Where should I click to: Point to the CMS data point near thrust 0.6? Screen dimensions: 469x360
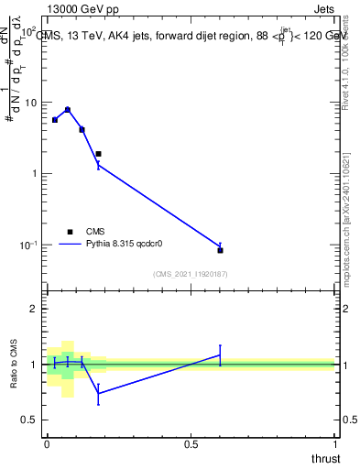(x=220, y=250)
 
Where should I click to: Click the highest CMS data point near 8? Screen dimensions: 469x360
(x=68, y=110)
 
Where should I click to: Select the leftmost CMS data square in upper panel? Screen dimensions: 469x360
(x=55, y=120)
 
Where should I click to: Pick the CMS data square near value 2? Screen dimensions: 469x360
(x=98, y=154)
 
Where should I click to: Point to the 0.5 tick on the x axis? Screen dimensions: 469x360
(x=191, y=444)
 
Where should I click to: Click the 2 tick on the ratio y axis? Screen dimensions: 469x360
(x=34, y=309)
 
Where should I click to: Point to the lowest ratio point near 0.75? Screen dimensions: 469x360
(x=98, y=394)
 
